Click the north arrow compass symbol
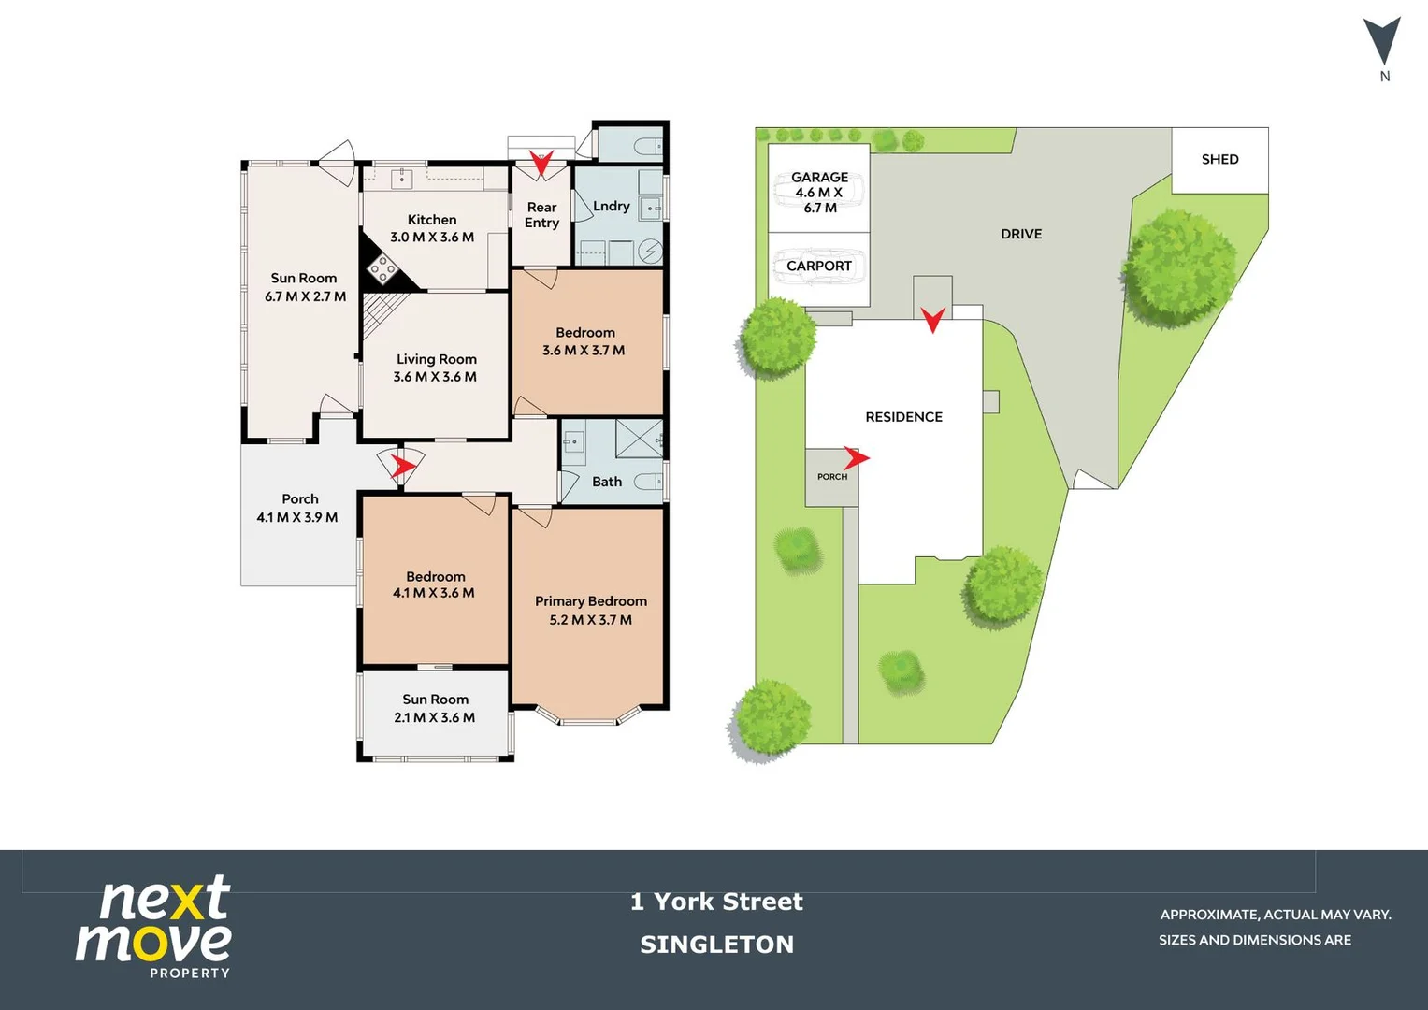tap(1382, 42)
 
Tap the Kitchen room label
tap(432, 220)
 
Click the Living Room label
tap(436, 359)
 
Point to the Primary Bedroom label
tap(590, 601)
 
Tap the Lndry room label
tap(612, 206)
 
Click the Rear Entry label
tap(541, 215)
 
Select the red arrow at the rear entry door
tap(541, 163)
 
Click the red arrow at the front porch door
tap(402, 464)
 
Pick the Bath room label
tap(607, 482)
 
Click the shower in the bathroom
tap(639, 439)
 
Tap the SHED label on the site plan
tap(1219, 160)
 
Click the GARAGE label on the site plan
tap(819, 178)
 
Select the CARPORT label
tap(819, 266)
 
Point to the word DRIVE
tap(1021, 234)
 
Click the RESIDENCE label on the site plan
tap(903, 417)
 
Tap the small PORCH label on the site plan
tap(832, 477)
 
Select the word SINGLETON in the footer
tap(717, 945)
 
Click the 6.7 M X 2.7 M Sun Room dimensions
tap(305, 296)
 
